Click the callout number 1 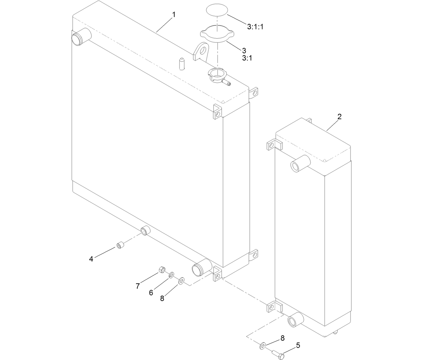[x=174, y=14]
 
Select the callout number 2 [x=339, y=117]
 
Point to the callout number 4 [x=91, y=259]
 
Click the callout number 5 [x=298, y=345]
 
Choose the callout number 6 [x=151, y=293]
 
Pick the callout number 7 [x=138, y=286]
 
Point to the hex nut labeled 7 [x=161, y=270]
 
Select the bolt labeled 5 [x=278, y=353]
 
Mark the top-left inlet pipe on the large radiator [x=81, y=36]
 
